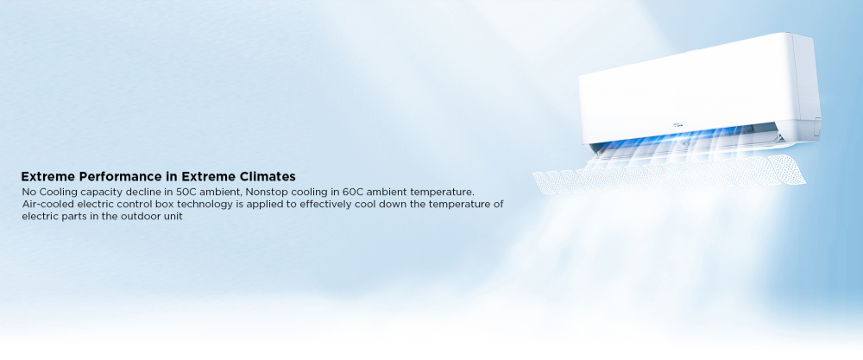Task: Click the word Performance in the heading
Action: click(x=121, y=177)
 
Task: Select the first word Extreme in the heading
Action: click(x=48, y=177)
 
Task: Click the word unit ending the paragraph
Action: click(x=173, y=217)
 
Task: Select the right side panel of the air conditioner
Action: click(x=806, y=88)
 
